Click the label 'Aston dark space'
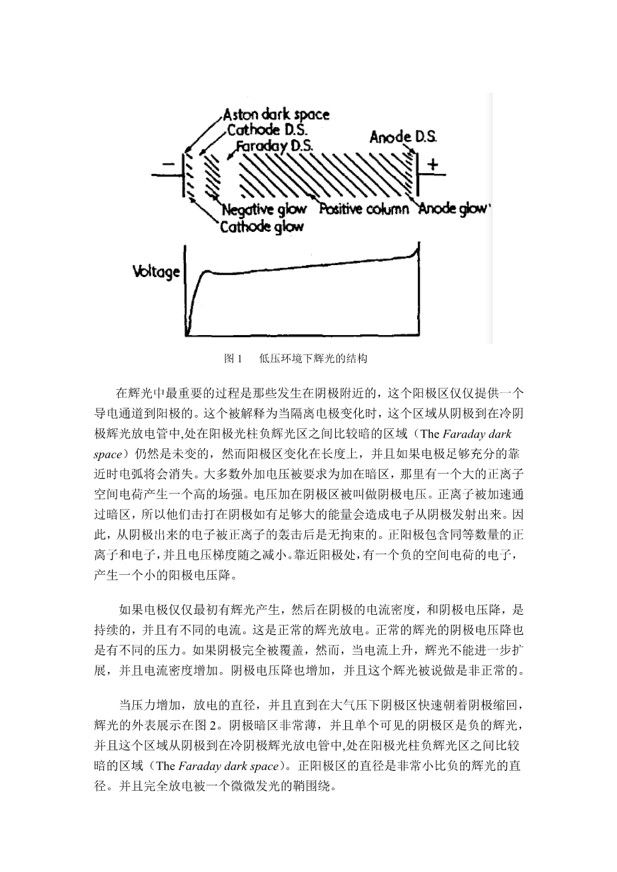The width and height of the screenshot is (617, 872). [277, 115]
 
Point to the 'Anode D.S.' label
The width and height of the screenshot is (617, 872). [403, 137]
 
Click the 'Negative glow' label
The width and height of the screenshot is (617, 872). [264, 210]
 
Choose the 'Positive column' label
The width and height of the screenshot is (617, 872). [364, 209]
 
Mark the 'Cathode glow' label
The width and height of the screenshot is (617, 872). [262, 226]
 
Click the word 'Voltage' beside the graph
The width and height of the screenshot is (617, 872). [157, 272]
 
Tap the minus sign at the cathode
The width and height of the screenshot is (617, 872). [169, 164]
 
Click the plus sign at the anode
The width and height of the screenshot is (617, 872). [432, 165]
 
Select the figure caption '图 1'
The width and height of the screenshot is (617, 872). [233, 358]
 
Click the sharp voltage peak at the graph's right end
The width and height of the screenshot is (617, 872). [419, 243]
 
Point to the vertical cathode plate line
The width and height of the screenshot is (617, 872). [184, 175]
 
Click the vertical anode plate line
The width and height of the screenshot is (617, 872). [418, 175]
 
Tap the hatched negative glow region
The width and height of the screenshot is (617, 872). [212, 175]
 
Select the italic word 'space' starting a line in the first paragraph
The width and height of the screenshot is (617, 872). [108, 454]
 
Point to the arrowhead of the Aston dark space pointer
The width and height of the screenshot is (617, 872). [187, 151]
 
